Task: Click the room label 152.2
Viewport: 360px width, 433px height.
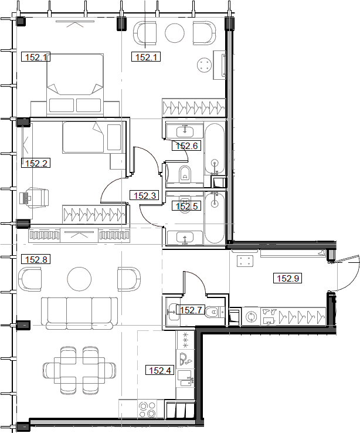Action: click(x=36, y=164)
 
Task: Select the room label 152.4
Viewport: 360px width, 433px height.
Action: click(x=160, y=370)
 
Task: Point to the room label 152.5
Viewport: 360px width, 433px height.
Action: click(x=186, y=206)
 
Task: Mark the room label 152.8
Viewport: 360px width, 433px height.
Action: click(x=36, y=259)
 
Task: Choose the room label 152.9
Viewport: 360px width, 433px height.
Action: click(x=288, y=279)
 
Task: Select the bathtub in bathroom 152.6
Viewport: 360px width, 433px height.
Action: click(x=215, y=149)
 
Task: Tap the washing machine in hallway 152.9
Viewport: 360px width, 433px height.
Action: click(x=252, y=316)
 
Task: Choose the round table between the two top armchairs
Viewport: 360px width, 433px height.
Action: click(x=175, y=33)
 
